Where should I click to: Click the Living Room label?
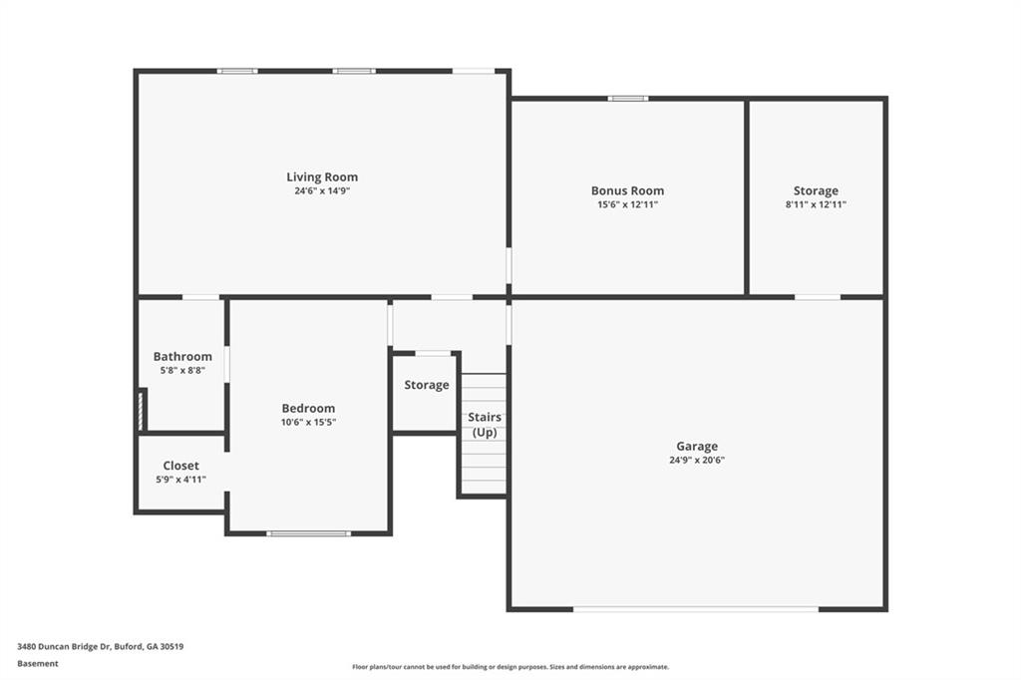coord(322,177)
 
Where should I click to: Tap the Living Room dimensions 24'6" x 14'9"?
coord(322,190)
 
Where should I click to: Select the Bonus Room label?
coord(627,190)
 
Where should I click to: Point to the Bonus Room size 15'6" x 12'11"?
coord(627,204)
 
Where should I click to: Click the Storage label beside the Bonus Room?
coord(816,190)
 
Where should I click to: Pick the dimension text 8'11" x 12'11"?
coord(816,204)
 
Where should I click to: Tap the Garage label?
coord(697,447)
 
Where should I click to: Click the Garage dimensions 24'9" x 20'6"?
coord(697,460)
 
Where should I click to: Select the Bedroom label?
coord(308,408)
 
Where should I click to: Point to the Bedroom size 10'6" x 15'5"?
coord(308,422)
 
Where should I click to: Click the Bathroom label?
coord(182,356)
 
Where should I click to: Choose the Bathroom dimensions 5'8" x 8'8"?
coord(182,370)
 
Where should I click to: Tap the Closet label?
coord(180,466)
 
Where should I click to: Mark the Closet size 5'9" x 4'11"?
coord(180,480)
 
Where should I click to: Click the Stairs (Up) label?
coord(485,424)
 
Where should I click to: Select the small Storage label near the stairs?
coord(426,385)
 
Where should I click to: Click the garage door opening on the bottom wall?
coord(695,608)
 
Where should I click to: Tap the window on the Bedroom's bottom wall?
coord(308,533)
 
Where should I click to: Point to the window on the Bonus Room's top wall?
coord(628,98)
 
